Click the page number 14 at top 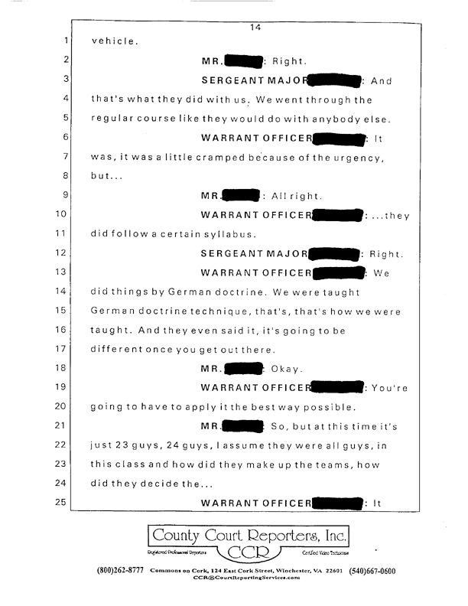click(256, 28)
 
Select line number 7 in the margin click(66, 156)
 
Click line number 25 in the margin click(64, 503)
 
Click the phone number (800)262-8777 click(120, 571)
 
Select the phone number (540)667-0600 click(372, 571)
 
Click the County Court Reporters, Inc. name click(248, 533)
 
